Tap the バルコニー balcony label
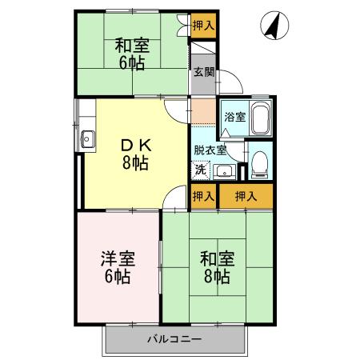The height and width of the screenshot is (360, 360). [174, 338]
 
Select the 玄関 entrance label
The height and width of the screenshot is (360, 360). [203, 71]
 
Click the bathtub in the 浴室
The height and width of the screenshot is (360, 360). [260, 120]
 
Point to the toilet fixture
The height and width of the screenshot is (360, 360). [258, 164]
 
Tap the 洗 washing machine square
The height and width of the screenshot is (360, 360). [201, 170]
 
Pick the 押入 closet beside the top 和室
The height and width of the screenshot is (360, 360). [203, 26]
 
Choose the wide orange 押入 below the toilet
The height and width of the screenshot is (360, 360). [246, 196]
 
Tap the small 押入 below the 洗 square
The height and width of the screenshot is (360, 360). [203, 196]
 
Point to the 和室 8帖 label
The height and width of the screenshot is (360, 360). [216, 268]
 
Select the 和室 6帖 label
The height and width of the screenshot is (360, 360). [132, 54]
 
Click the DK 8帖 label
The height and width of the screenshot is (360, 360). [134, 153]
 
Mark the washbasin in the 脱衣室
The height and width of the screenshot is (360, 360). [223, 170]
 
